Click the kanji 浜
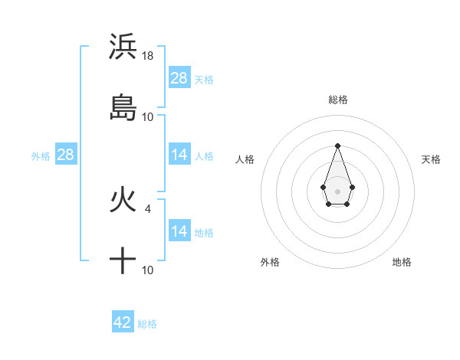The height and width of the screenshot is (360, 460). pyautogui.click(x=123, y=47)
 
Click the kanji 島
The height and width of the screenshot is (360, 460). pyautogui.click(x=123, y=107)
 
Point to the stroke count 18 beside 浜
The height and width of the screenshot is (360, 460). pyautogui.click(x=149, y=56)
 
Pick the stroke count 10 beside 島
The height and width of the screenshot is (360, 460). pyautogui.click(x=148, y=117)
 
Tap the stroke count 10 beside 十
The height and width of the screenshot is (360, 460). pyautogui.click(x=148, y=270)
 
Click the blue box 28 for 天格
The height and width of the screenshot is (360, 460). pyautogui.click(x=179, y=78)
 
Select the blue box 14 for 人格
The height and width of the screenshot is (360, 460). pyautogui.click(x=179, y=155)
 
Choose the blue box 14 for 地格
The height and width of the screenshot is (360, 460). pyautogui.click(x=179, y=231)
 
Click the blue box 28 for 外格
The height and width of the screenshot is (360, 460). pyautogui.click(x=66, y=155)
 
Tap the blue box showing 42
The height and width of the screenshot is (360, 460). pyautogui.click(x=123, y=322)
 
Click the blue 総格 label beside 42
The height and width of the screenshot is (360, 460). pyautogui.click(x=147, y=324)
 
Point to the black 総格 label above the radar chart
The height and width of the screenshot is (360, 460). pyautogui.click(x=337, y=100)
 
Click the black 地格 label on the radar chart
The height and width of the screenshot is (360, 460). pyautogui.click(x=402, y=263)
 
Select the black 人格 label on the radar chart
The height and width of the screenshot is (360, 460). pyautogui.click(x=245, y=159)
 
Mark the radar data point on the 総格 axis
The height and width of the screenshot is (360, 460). pyautogui.click(x=337, y=146)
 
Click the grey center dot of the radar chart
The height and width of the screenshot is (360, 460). pyautogui.click(x=337, y=191)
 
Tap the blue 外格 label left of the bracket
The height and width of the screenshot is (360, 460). pyautogui.click(x=41, y=156)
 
